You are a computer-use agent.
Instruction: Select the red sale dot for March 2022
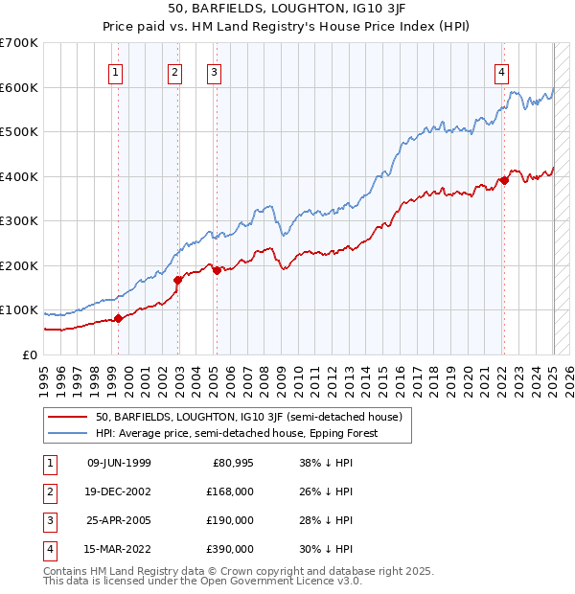[503, 180]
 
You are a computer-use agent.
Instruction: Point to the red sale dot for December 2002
[178, 280]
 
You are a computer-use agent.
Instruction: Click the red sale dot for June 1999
[118, 318]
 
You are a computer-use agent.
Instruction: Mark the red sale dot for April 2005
[217, 270]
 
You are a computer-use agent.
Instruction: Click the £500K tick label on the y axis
[19, 132]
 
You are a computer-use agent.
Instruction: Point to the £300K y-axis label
[19, 221]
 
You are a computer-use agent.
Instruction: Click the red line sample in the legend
[66, 417]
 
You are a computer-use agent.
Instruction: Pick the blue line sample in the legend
[66, 433]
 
